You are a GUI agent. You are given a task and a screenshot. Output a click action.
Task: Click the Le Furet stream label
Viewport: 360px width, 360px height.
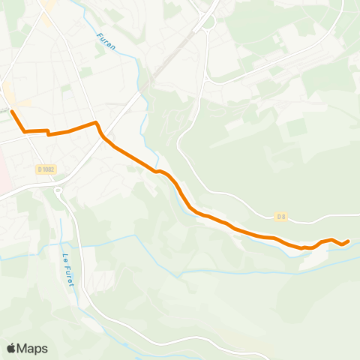[70, 268]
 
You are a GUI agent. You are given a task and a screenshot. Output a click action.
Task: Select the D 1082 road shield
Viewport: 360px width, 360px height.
[46, 169]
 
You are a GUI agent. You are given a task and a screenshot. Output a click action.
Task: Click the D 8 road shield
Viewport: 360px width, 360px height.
[280, 217]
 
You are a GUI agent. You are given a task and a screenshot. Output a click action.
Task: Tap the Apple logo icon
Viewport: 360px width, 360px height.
[11, 348]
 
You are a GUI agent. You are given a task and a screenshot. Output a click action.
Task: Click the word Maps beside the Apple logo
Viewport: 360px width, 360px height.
[32, 348]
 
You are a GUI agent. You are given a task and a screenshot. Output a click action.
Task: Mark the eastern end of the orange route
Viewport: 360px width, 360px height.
[348, 241]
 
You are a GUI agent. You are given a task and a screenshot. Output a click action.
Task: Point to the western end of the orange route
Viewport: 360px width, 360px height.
[11, 112]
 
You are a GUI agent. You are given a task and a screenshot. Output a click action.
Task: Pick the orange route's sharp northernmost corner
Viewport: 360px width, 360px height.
[95, 122]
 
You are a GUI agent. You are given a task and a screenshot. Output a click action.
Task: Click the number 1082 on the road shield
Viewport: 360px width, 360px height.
[49, 169]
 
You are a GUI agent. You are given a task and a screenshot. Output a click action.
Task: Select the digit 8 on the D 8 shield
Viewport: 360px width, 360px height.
[283, 217]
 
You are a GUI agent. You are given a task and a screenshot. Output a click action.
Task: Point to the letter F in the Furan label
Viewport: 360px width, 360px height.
[99, 35]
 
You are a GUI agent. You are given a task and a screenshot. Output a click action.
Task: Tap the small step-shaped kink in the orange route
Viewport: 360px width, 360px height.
[48, 133]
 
